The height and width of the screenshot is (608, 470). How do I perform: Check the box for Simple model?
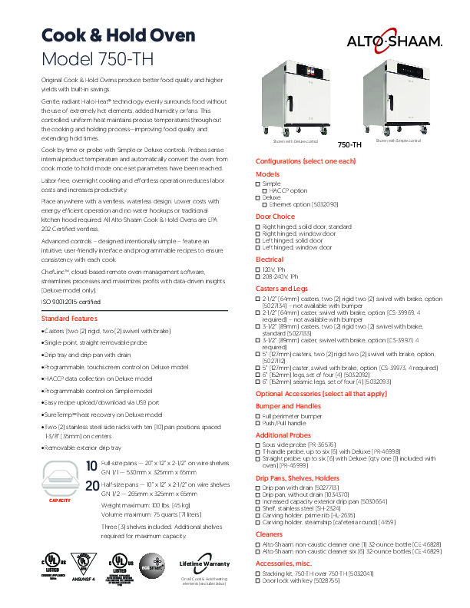click(258, 183)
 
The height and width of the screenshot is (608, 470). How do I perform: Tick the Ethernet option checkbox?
click(265, 204)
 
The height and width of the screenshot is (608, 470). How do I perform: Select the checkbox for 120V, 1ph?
click(258, 270)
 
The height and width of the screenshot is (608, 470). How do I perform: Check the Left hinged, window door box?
click(258, 248)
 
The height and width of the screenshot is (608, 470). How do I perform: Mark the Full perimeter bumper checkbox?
click(258, 415)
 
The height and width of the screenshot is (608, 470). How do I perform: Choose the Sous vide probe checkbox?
click(258, 443)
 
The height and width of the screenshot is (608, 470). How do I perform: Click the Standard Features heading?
click(69, 318)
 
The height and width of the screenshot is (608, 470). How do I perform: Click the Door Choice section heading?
click(275, 216)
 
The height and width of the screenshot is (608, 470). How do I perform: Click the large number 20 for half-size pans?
click(92, 486)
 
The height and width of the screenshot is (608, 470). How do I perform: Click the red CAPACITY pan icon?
click(60, 481)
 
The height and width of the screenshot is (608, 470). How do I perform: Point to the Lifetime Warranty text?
click(204, 563)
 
